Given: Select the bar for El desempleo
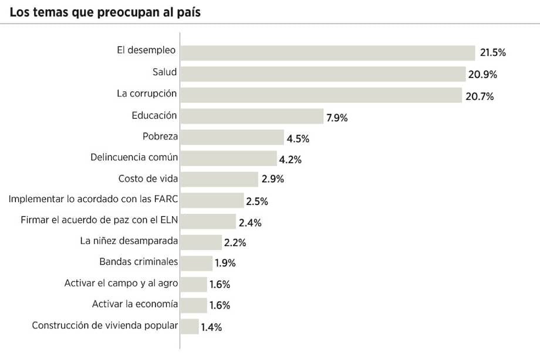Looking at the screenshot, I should point(328,53).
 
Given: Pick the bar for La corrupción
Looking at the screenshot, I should point(321,95).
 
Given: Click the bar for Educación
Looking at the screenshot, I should point(252,116).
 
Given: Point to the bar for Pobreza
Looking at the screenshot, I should point(232,137).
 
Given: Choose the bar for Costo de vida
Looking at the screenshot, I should point(219,179).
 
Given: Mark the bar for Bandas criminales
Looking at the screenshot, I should point(196,263).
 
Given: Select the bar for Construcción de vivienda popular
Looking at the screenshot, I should point(190,327).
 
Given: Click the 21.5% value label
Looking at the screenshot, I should point(492,53).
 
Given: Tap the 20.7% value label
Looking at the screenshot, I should point(480,96).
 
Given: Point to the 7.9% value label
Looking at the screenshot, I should point(337,117).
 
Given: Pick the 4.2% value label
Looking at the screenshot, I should point(291,160).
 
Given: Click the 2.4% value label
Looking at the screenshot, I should point(250,223).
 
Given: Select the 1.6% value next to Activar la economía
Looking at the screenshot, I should point(220,305).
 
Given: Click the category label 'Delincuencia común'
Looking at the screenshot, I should point(134,157).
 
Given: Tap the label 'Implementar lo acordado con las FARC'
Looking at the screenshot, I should point(93,200).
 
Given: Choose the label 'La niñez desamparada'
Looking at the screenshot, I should point(129,241).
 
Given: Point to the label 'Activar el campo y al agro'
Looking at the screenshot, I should point(121,283).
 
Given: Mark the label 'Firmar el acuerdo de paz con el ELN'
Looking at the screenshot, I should point(99,220).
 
